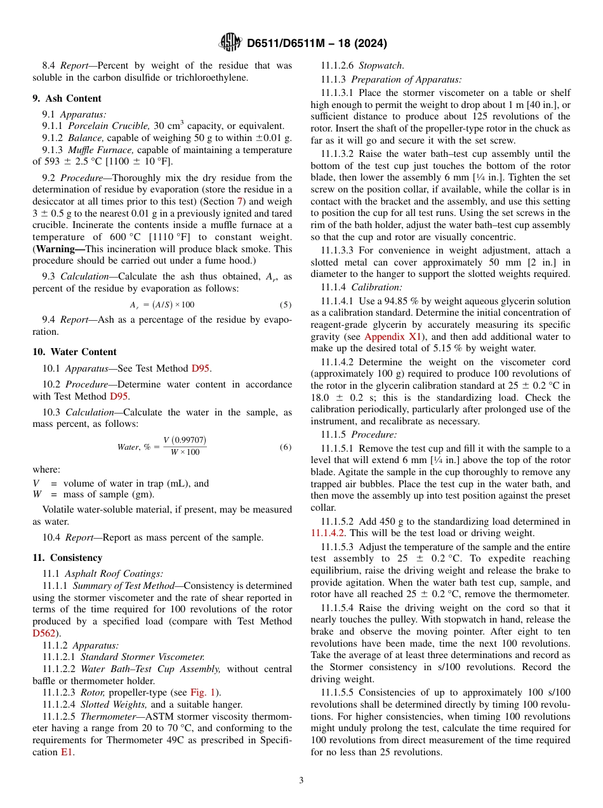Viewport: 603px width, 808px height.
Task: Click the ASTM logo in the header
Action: tap(230, 43)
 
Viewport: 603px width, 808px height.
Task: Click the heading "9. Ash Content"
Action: tap(67, 98)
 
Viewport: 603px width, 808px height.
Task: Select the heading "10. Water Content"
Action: tap(74, 352)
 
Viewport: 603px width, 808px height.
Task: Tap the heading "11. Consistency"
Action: tap(67, 558)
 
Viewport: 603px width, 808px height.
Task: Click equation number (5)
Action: tap(285, 305)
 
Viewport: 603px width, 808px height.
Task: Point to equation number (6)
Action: tap(285, 447)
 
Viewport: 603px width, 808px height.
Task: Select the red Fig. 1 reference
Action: tap(203, 692)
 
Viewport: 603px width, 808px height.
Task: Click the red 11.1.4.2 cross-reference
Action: tap(327, 534)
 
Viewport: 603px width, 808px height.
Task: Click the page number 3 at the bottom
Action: tap(301, 781)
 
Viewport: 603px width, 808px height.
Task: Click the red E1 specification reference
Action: tap(67, 752)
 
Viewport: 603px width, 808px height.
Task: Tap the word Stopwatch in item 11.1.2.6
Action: tap(381, 65)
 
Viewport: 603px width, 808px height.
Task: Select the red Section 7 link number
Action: tap(240, 201)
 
